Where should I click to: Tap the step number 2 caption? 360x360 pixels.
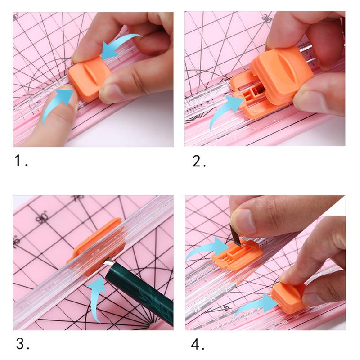point(199,161)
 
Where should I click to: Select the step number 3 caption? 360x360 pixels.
point(23,344)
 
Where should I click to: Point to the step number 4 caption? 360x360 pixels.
point(198,344)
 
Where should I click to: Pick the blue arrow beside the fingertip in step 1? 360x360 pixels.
point(56,106)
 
